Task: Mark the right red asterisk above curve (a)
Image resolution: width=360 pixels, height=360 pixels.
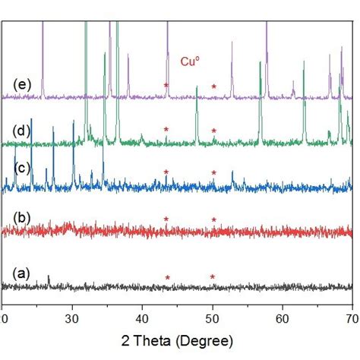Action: (213, 278)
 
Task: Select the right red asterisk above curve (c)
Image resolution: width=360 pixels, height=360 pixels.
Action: (214, 173)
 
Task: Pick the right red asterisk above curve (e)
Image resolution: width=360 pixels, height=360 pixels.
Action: (214, 87)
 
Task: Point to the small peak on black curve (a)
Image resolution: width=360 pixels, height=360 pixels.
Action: (49, 278)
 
